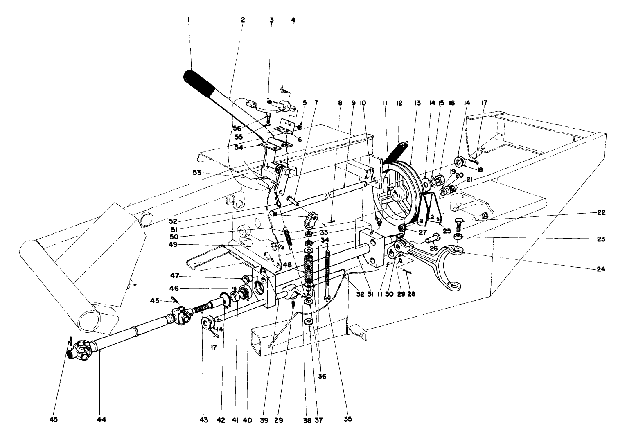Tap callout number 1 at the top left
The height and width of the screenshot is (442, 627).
tap(188, 19)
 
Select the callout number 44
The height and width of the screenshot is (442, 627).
tap(101, 419)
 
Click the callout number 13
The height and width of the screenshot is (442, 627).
tap(417, 104)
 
